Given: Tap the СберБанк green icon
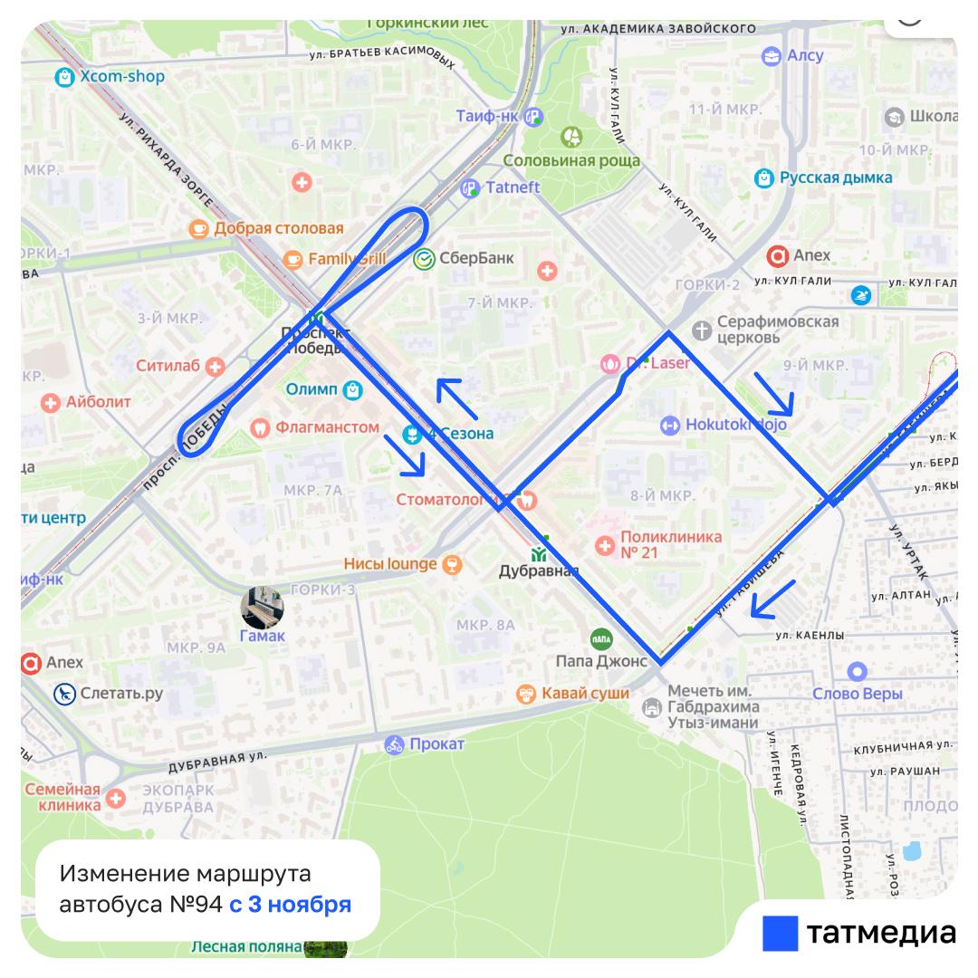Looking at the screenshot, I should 423,259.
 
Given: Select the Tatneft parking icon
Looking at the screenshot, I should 470,187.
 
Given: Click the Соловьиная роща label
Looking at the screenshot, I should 571,160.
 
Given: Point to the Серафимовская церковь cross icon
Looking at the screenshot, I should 700,329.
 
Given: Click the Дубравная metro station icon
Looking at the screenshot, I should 539,554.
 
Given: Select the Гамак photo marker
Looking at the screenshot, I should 262,608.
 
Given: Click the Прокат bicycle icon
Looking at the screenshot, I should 394,744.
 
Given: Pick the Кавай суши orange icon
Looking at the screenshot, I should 524,695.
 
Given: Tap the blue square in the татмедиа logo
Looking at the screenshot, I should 780,933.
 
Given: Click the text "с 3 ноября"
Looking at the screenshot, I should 290,904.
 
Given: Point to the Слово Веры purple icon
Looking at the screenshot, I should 856,672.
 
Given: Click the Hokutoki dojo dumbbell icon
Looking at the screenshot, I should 669,424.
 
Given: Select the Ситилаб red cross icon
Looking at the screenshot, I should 215,367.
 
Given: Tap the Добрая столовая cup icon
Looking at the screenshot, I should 197,228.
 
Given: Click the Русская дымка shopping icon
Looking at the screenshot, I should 763,177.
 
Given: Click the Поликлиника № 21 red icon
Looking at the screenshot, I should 605,545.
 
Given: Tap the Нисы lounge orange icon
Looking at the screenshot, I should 450,564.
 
